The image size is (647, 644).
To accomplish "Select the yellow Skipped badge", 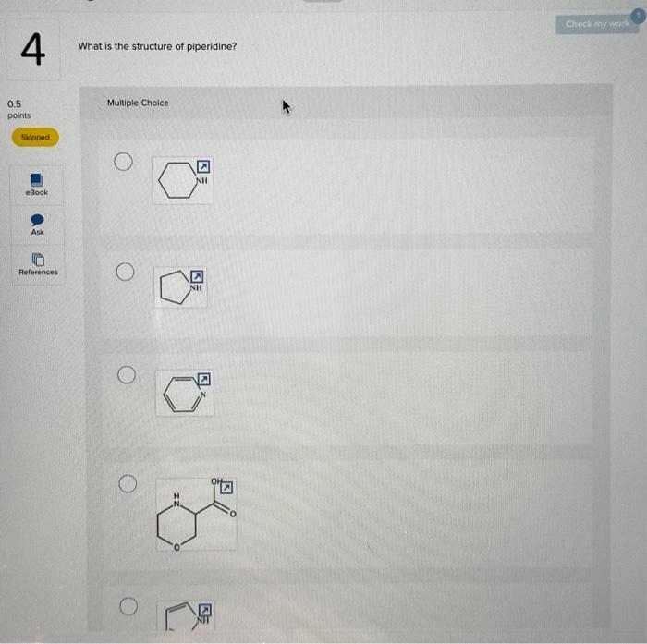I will point(35,137).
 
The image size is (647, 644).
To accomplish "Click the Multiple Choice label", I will point(138,103).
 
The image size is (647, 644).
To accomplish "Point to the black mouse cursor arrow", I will point(287,109).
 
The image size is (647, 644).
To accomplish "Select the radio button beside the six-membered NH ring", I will point(124,162).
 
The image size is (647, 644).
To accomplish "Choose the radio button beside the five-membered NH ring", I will point(125,272).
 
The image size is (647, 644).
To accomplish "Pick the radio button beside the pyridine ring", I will point(125,375).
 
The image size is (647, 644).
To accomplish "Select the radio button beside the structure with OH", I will point(126,483).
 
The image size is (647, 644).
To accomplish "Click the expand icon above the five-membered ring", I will point(197,276).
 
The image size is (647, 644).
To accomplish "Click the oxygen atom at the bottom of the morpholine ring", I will point(177,547).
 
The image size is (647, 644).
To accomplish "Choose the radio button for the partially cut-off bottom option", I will point(127,607).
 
